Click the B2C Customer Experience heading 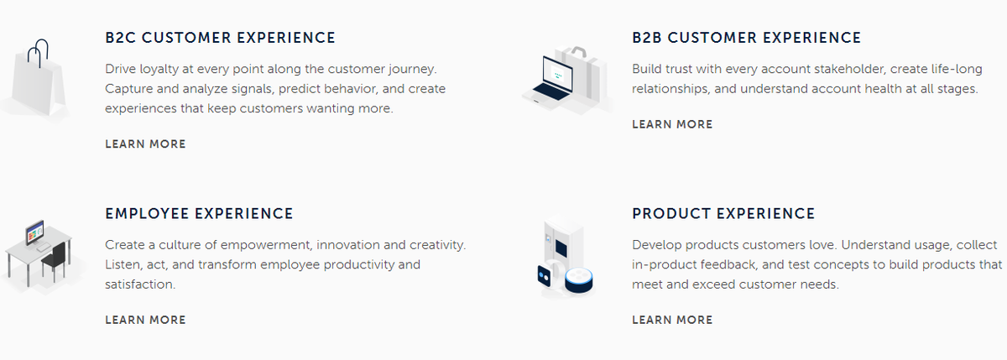(x=220, y=38)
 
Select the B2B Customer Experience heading (x=746, y=38)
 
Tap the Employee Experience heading (x=199, y=214)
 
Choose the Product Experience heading (x=723, y=214)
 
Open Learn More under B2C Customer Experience (x=145, y=144)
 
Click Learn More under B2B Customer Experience (x=672, y=124)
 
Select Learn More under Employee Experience (x=145, y=320)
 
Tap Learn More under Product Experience (x=672, y=320)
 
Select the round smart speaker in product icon (x=579, y=280)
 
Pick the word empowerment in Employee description (x=267, y=244)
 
